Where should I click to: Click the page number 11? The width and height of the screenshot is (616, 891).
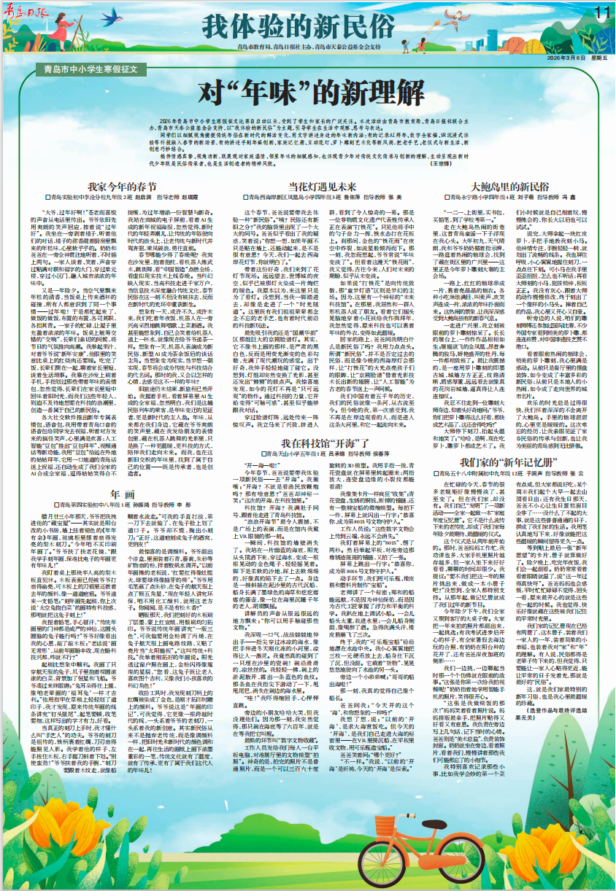coord(601,12)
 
